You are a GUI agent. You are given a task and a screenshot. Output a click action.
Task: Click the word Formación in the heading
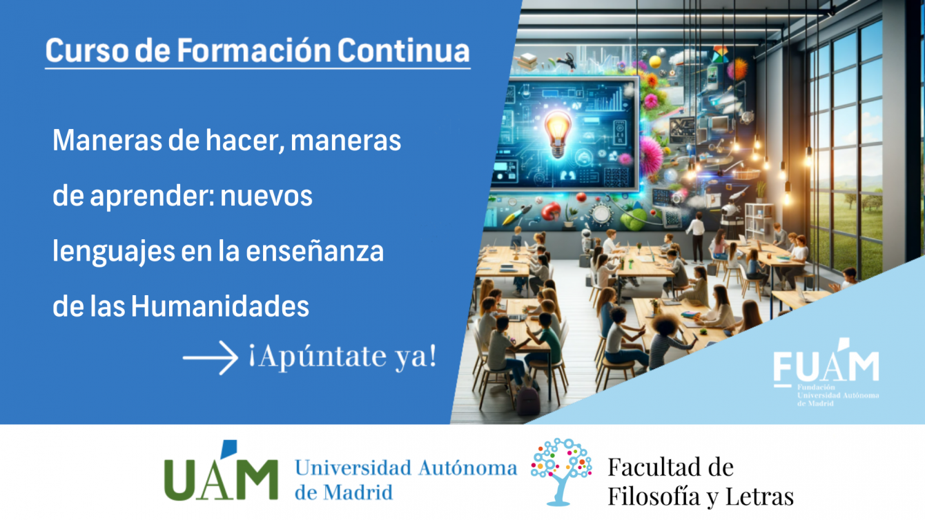tap(254, 50)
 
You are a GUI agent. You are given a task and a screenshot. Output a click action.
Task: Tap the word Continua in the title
tap(403, 50)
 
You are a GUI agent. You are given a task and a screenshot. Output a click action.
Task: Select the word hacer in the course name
tap(245, 141)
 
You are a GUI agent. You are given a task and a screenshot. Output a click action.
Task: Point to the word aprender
tap(153, 197)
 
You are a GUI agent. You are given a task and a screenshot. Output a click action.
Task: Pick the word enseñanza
tap(315, 251)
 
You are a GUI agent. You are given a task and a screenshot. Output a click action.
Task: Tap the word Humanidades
tap(220, 306)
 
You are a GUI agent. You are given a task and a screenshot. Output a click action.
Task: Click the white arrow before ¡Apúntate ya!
tap(210, 357)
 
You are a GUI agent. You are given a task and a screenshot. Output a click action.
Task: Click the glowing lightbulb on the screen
tap(558, 134)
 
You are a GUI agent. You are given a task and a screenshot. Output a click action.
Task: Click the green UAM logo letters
tap(221, 475)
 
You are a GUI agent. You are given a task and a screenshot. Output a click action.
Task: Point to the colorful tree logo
tap(561, 471)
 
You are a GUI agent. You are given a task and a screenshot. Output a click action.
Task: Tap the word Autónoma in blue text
tap(467, 468)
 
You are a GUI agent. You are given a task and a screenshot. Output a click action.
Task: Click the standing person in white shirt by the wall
tap(697, 237)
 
